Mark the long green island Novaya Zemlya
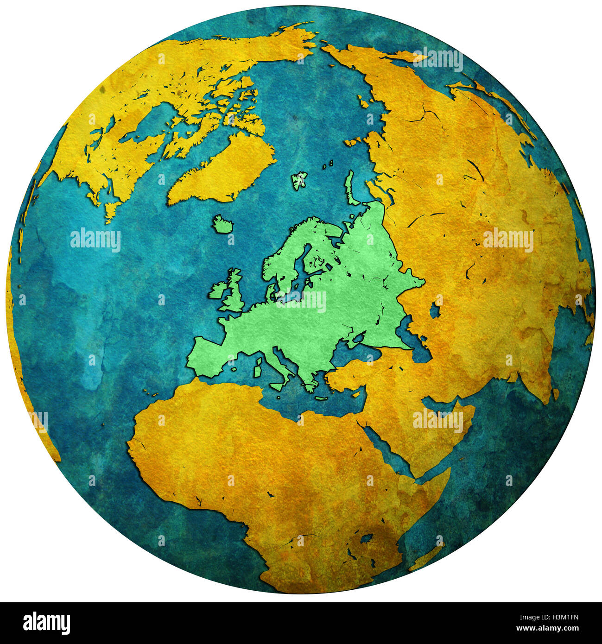350,188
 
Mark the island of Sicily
278,386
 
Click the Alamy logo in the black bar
46,623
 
